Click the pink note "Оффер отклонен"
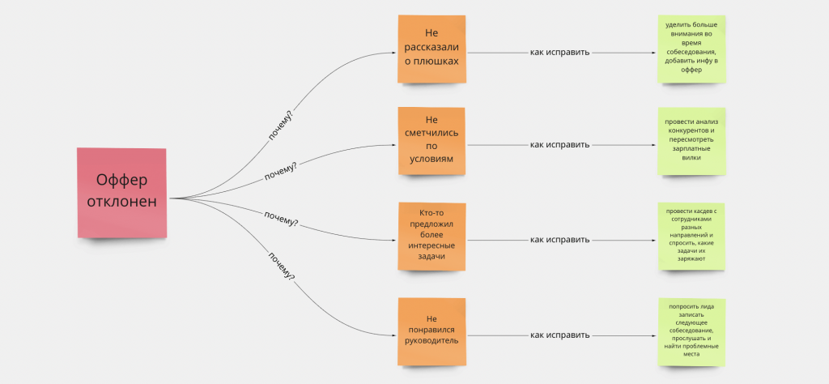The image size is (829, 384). (121, 193)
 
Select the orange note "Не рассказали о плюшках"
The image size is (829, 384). (432, 49)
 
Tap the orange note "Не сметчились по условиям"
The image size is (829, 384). (432, 141)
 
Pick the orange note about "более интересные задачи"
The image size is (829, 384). (432, 237)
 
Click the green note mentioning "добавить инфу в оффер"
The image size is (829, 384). (691, 49)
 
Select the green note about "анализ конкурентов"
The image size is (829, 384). (691, 141)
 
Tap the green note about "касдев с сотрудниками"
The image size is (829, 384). (691, 237)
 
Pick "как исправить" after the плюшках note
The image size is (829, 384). (559, 53)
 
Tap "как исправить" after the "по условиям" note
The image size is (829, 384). (559, 145)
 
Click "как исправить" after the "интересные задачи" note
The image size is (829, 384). (559, 240)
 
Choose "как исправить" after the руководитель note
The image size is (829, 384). (559, 335)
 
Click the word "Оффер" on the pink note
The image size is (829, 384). (121, 181)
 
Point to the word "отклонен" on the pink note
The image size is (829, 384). (121, 203)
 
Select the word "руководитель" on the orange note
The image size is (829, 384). (432, 340)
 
